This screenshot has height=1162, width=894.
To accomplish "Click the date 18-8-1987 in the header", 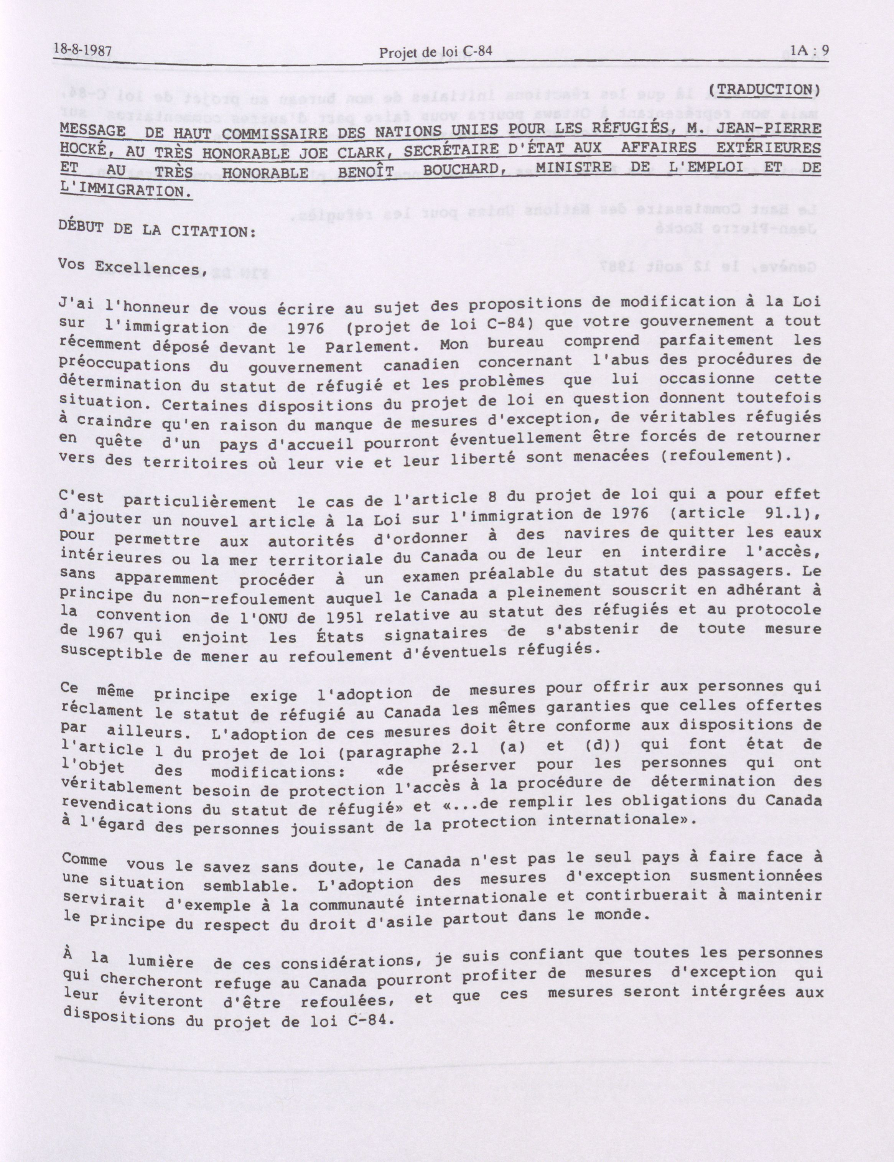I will pos(82,51).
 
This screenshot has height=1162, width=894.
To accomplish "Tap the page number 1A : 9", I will pos(809,51).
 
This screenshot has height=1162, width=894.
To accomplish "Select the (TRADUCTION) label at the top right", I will pos(766,89).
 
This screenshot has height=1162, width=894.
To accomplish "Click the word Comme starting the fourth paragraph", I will pos(84,860).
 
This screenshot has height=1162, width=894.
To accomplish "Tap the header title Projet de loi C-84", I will pos(435,52).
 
